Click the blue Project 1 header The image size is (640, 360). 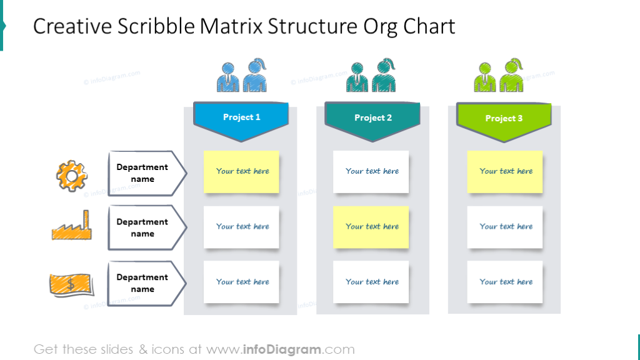click(x=241, y=117)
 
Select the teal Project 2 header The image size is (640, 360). click(x=372, y=118)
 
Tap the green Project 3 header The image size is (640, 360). click(x=504, y=118)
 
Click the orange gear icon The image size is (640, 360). click(x=71, y=174)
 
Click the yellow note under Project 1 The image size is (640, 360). click(x=242, y=171)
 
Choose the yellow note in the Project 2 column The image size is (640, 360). click(x=371, y=227)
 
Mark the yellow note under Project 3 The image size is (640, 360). click(x=505, y=171)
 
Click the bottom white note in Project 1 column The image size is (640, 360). click(x=242, y=282)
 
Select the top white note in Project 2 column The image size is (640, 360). click(x=371, y=171)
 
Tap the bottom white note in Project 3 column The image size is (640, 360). click(x=505, y=282)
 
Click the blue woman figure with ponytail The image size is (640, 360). click(x=256, y=76)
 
